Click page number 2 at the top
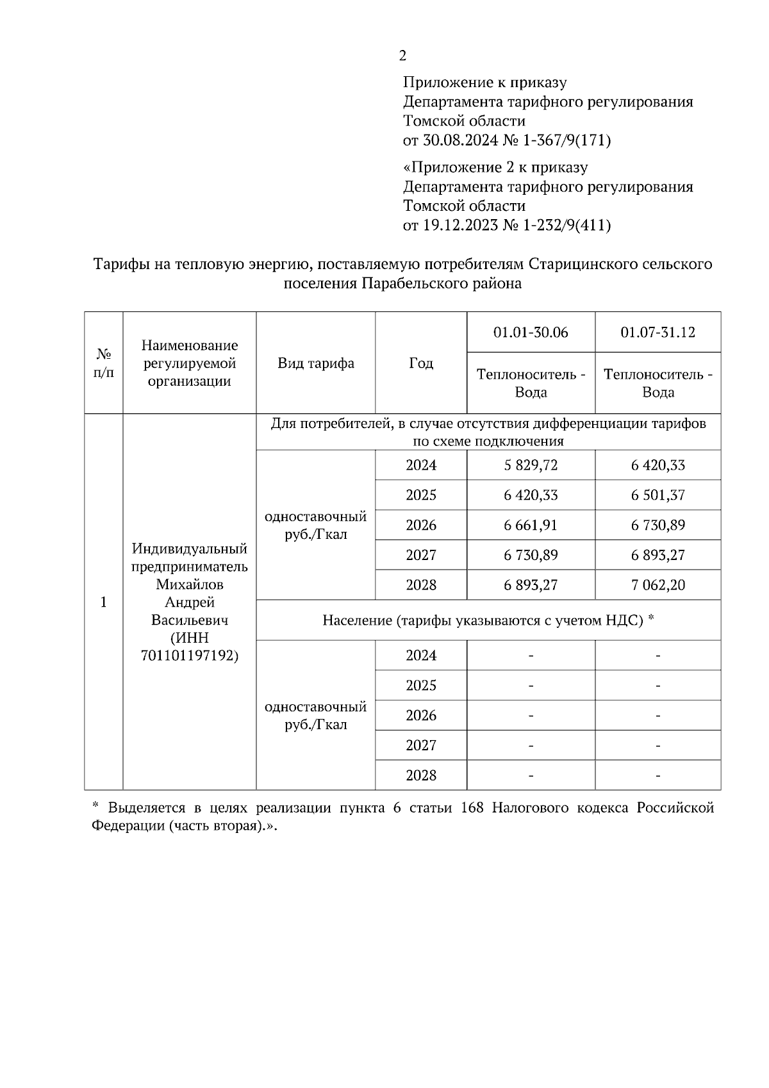[x=402, y=56]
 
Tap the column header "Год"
[x=421, y=363]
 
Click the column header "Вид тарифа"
[x=315, y=363]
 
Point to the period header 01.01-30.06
[x=531, y=333]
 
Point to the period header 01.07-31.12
[x=657, y=333]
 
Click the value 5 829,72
[x=531, y=465]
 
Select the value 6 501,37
[x=657, y=495]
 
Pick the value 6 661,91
[x=531, y=525]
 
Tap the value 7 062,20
[x=657, y=585]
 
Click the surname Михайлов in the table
[x=190, y=584]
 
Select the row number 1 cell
[x=103, y=602]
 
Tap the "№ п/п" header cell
[x=104, y=363]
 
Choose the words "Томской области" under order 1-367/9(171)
[x=464, y=121]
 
